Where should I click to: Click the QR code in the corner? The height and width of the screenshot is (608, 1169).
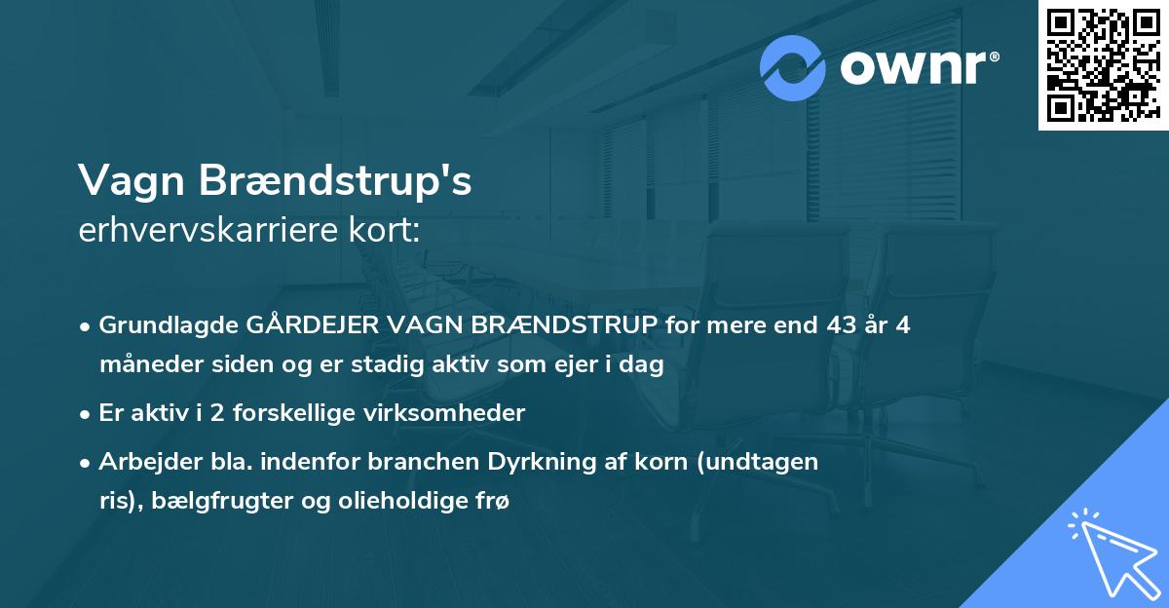1103,65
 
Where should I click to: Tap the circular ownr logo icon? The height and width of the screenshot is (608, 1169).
793,67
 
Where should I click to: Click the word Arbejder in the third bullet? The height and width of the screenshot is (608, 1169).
143,462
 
